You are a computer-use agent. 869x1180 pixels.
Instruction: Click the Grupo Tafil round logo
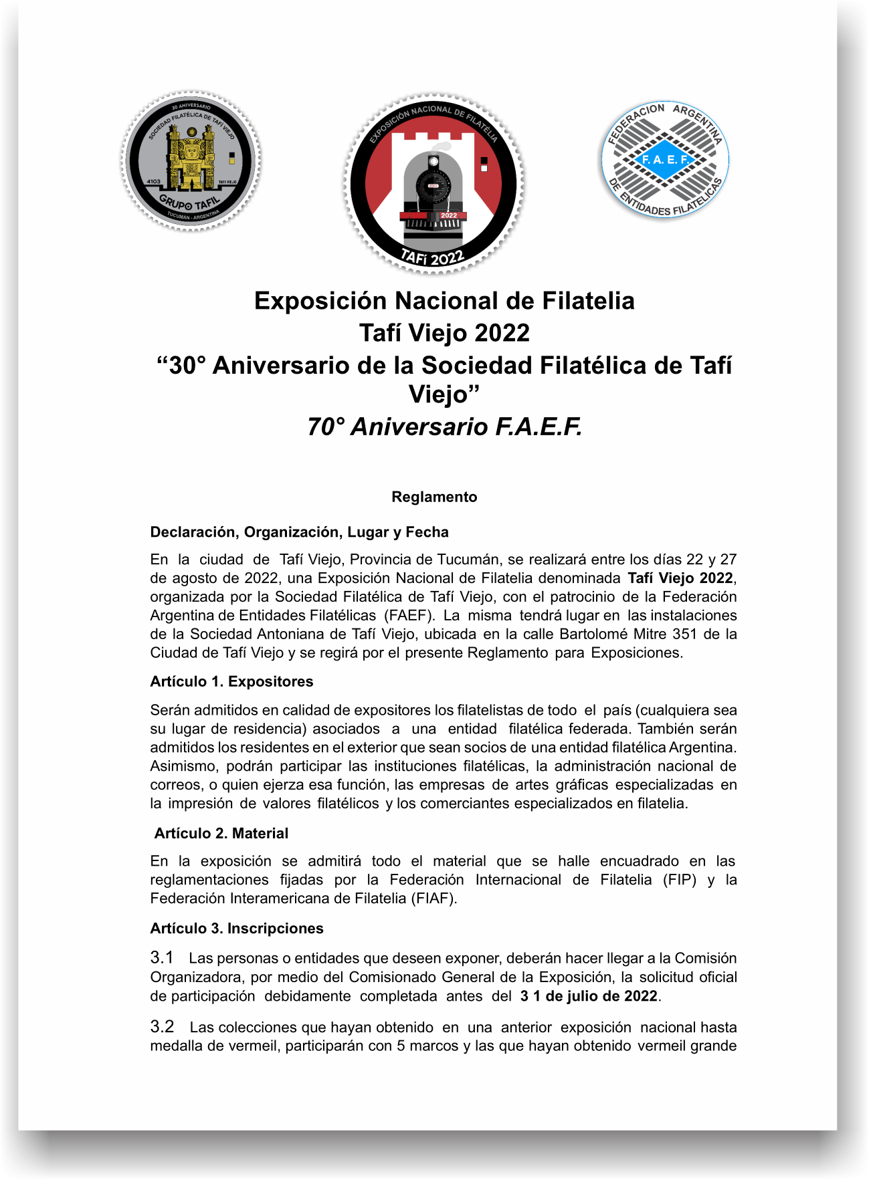(191, 161)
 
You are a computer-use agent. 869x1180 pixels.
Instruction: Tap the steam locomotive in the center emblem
(433, 191)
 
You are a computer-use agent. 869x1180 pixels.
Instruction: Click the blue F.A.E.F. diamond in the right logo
(665, 160)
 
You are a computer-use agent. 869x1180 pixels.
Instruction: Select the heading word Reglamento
(434, 497)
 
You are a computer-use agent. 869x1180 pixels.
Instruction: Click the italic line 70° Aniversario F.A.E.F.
(444, 427)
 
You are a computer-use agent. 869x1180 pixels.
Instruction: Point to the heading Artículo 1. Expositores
(231, 681)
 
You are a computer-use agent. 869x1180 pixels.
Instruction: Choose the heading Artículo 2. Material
(221, 833)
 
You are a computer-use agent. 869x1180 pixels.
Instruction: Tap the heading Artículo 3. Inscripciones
(237, 928)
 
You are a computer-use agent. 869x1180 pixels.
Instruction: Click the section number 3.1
(162, 957)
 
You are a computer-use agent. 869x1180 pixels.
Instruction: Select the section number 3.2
(163, 1026)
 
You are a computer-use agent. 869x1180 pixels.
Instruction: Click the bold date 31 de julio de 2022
(589, 995)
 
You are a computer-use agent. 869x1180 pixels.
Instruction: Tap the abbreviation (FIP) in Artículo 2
(680, 880)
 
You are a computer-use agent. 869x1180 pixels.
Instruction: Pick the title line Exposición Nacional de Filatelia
(444, 301)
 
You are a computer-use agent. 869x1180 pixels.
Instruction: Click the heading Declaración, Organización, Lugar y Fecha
(299, 532)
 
